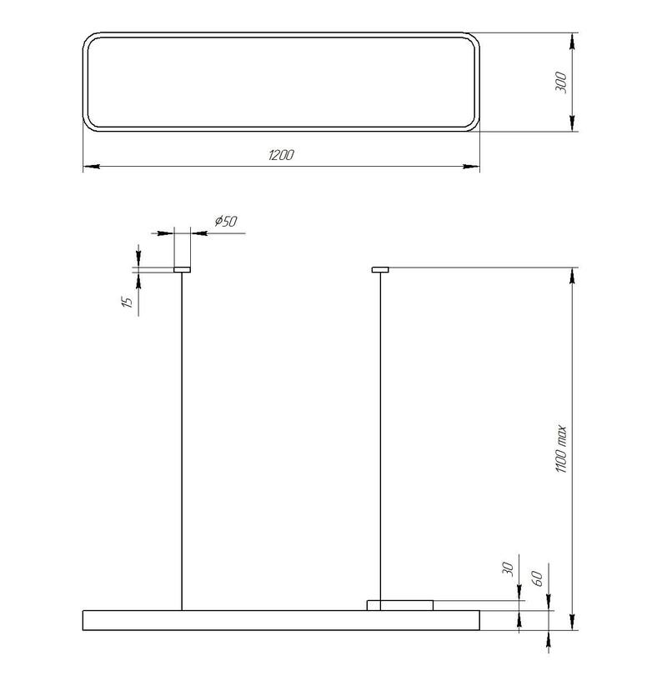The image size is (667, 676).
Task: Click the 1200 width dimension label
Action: (281, 155)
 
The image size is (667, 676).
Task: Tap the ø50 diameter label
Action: (226, 221)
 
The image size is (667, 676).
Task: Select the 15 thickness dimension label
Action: (127, 302)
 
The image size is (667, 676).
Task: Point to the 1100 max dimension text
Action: (560, 449)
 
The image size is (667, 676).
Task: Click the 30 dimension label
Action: (509, 569)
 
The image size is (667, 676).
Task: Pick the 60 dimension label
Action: (537, 578)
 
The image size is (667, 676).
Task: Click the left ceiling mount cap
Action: (182, 270)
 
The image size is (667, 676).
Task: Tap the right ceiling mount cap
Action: (380, 270)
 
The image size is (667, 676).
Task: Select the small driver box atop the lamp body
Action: (400, 605)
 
